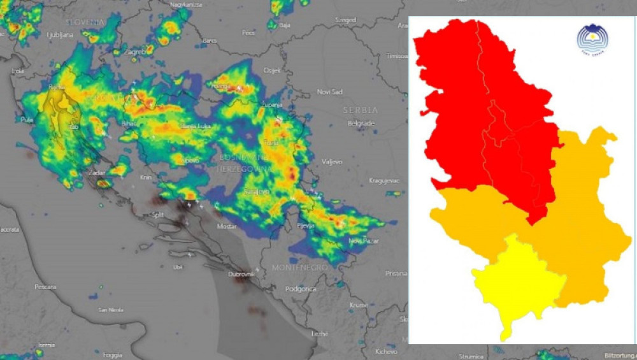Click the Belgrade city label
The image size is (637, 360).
(362, 123)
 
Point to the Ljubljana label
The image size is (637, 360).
(60, 35)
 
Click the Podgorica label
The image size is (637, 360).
(301, 289)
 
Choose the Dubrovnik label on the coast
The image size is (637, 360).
(241, 274)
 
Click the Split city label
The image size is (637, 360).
(157, 215)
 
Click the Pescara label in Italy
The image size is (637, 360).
(46, 287)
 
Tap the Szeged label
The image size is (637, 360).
(346, 20)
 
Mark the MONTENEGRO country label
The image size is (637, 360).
(299, 268)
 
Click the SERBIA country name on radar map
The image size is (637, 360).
(361, 110)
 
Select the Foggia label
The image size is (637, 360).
(112, 354)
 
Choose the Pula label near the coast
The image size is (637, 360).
(27, 119)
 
